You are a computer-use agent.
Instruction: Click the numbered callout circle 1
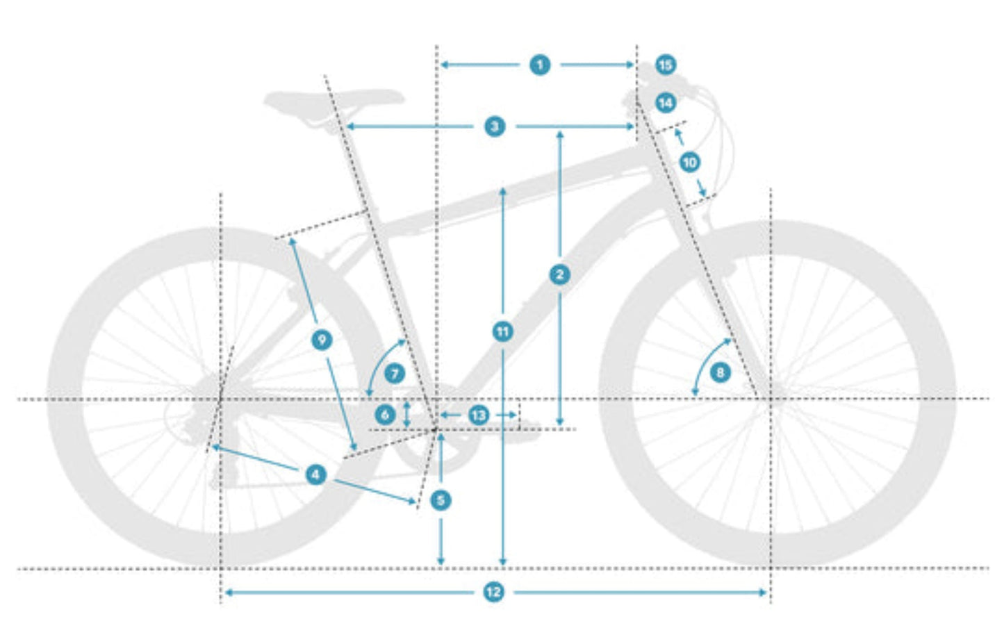pos(540,65)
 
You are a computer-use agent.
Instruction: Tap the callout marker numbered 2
pos(560,274)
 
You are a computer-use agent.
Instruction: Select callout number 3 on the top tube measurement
pos(495,126)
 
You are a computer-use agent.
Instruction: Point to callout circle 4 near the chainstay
pos(316,474)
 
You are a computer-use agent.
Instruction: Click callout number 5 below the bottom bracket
pos(441,499)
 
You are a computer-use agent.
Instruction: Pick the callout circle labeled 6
pos(385,415)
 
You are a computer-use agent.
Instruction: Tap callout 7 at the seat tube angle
pos(395,374)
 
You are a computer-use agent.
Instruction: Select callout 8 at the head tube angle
pos(720,372)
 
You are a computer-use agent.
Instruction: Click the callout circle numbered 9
pos(322,340)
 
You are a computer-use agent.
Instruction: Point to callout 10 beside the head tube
pos(689,163)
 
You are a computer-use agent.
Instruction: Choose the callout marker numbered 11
pos(503,332)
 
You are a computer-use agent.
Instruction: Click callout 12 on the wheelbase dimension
pos(493,592)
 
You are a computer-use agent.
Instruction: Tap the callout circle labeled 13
pos(478,415)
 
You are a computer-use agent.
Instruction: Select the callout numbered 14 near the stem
pos(666,103)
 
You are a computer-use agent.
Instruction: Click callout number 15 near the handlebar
pos(666,65)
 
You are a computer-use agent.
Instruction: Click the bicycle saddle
pos(334,99)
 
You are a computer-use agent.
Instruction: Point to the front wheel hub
pos(771,399)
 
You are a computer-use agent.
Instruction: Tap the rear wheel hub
pos(221,399)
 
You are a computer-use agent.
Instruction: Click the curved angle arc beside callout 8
pos(703,361)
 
